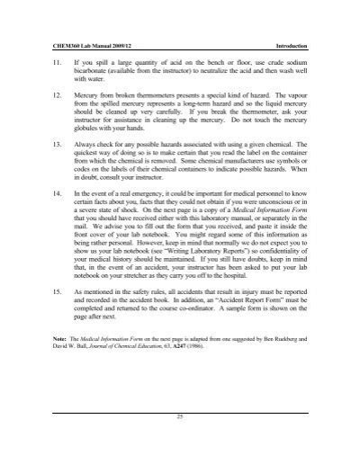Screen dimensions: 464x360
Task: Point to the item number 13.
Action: pos(58,143)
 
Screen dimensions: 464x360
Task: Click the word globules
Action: pos(92,128)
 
